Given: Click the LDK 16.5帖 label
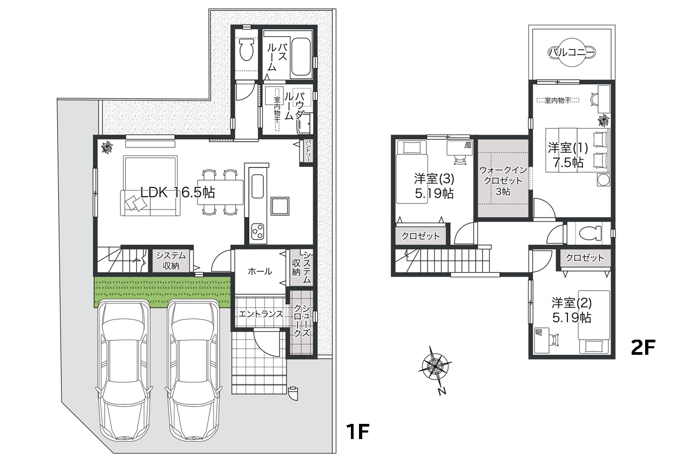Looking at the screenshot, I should [x=178, y=193].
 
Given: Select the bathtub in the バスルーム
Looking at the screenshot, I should [x=302, y=58].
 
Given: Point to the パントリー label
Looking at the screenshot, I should [x=308, y=151].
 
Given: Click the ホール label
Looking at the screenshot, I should [x=260, y=272].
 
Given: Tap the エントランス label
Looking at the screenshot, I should [x=261, y=314].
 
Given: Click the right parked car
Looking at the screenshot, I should [x=194, y=371].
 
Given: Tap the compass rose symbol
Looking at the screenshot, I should [x=435, y=367].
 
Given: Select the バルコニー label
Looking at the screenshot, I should [x=571, y=52].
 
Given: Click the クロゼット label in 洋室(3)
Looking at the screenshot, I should [x=421, y=236].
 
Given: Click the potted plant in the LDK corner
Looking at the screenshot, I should [x=107, y=146].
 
